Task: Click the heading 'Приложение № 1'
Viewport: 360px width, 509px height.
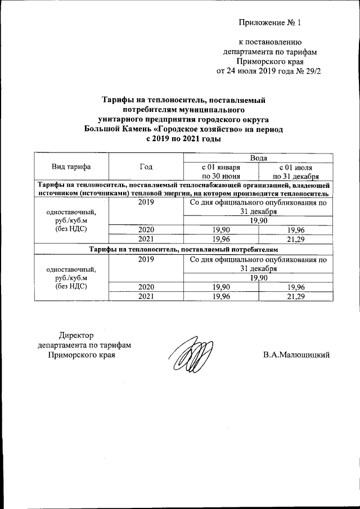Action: [x=270, y=23]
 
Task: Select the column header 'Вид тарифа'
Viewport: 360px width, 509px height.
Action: [x=71, y=166]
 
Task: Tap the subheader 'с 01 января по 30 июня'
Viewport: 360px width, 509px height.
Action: [x=221, y=172]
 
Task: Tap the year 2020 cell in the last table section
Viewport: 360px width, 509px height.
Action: [x=145, y=287]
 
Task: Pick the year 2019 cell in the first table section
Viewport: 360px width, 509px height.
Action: [x=145, y=201]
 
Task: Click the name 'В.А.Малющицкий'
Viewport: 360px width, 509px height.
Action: [x=295, y=355]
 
